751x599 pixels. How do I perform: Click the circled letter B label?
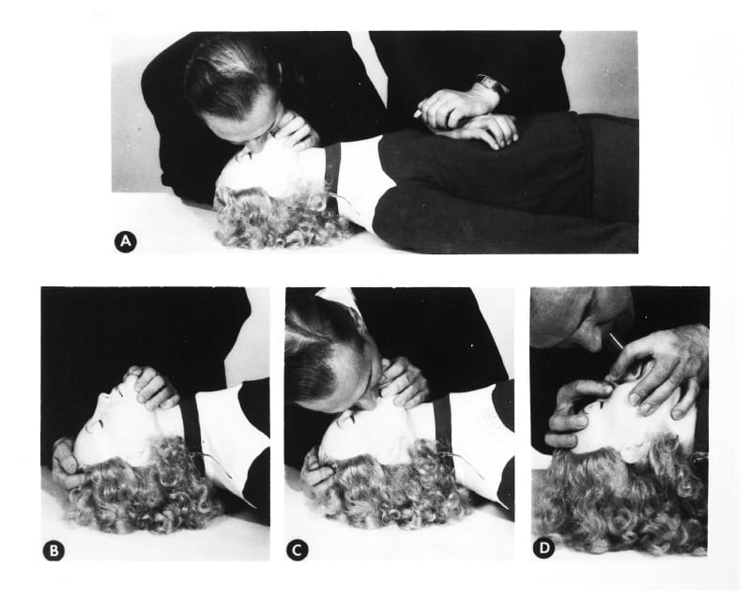(x=54, y=550)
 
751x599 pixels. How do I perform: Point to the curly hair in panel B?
(x=141, y=488)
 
